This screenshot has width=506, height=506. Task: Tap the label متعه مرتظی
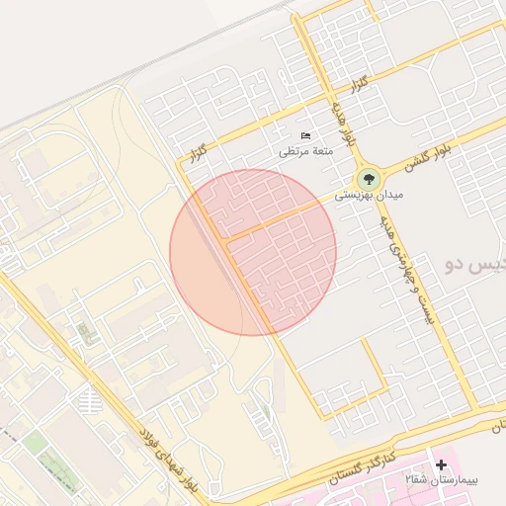click(307, 151)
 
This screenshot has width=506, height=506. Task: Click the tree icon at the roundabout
click(368, 179)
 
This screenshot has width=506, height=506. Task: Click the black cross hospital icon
click(441, 464)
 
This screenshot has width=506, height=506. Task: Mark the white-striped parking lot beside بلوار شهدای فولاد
click(90, 401)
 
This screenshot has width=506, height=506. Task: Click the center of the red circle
click(253, 252)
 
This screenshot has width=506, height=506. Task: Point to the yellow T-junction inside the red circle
click(227, 239)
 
